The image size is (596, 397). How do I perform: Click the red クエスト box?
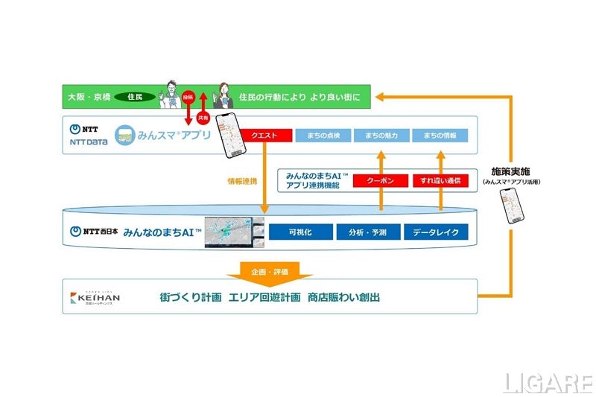(x=266, y=136)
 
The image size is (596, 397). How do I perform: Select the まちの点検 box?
(x=322, y=136)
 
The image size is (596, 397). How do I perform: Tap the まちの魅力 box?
(x=381, y=136)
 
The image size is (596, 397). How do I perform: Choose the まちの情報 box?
(x=440, y=136)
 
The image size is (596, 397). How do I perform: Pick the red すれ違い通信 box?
(x=440, y=181)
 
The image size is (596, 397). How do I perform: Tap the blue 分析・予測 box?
(x=367, y=232)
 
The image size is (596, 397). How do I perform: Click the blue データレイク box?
(x=436, y=232)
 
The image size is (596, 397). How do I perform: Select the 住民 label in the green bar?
(x=135, y=97)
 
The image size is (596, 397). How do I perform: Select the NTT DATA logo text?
(x=86, y=141)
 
